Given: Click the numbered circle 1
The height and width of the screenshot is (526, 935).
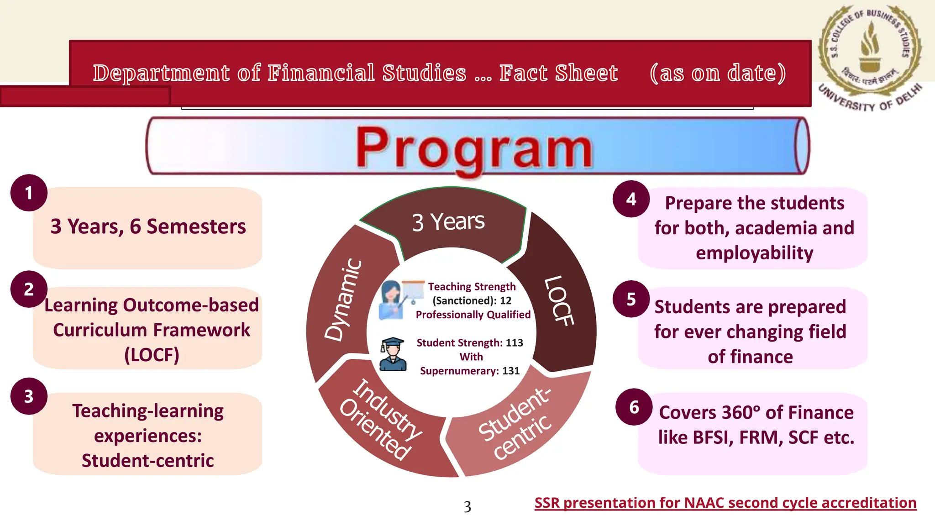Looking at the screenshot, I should point(29,193).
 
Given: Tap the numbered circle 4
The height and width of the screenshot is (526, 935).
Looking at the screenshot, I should point(631,199).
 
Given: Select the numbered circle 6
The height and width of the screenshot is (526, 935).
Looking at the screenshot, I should point(634,407).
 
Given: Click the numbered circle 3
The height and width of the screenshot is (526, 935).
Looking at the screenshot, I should point(29,396).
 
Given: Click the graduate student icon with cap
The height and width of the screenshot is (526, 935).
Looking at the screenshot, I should point(393,354).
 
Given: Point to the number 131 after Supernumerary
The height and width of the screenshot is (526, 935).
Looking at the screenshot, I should point(511,371).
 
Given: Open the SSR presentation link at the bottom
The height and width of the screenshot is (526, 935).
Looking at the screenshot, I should point(725,503).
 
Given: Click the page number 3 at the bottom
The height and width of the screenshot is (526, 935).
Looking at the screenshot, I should point(467,507).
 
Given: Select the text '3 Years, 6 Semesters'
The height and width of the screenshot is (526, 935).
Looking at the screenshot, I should point(148,226).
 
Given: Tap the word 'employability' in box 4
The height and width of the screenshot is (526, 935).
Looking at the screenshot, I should point(754,253).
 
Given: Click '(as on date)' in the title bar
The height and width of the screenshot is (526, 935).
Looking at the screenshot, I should point(718,73).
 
